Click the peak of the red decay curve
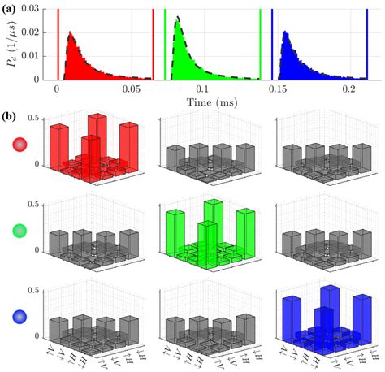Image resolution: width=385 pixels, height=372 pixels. pos(70,33)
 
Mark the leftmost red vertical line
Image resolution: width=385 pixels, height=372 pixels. pos(57,45)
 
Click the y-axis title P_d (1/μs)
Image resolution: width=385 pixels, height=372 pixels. pos(11,45)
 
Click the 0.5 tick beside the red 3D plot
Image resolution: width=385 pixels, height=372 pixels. pos(32,119)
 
